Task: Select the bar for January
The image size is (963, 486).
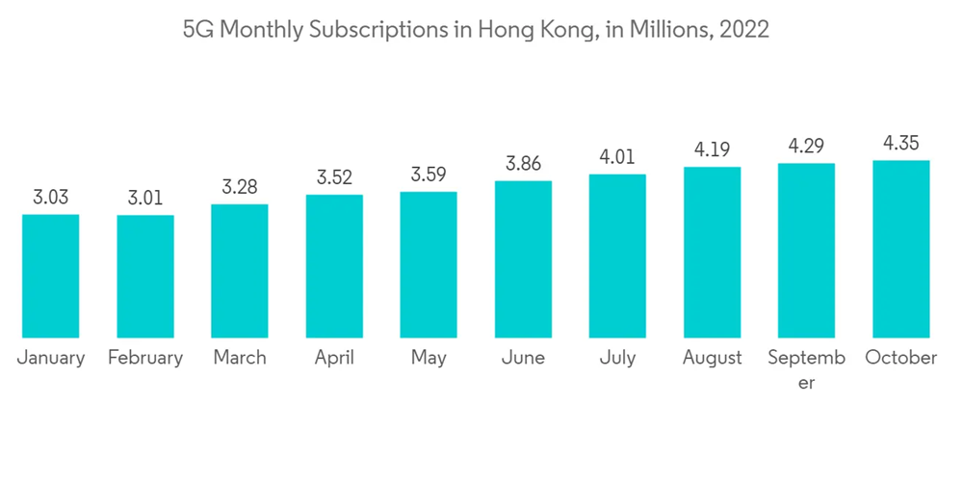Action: pyautogui.click(x=50, y=276)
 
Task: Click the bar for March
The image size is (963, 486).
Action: pyautogui.click(x=240, y=271)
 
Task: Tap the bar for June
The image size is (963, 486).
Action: pyautogui.click(x=523, y=259)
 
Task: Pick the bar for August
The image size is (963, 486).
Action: pyautogui.click(x=712, y=253)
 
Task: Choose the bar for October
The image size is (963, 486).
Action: pyautogui.click(x=900, y=249)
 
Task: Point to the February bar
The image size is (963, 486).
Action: pyautogui.click(x=145, y=277)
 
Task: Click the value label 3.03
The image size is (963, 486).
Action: pyautogui.click(x=50, y=199)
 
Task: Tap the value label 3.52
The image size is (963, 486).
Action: pyautogui.click(x=334, y=178)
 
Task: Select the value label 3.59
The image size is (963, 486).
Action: pyautogui.click(x=429, y=175)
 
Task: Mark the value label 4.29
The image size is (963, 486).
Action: pyautogui.click(x=806, y=148)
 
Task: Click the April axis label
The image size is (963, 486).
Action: pyautogui.click(x=334, y=358)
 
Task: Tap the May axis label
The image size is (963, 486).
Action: pyautogui.click(x=429, y=359)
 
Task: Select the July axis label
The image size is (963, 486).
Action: pyautogui.click(x=617, y=359)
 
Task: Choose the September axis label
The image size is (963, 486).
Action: pyautogui.click(x=806, y=368)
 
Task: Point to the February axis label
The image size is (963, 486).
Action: pyautogui.click(x=145, y=359)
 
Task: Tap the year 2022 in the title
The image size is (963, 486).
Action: pyautogui.click(x=743, y=30)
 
